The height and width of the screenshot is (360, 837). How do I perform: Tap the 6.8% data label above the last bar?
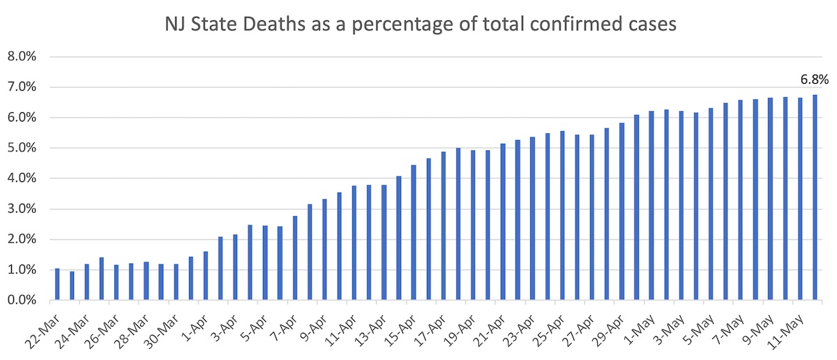[814, 79]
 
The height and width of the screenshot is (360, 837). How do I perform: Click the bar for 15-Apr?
[413, 233]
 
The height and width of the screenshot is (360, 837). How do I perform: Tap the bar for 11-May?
[799, 199]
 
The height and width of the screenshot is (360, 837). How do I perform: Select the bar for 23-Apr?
[532, 218]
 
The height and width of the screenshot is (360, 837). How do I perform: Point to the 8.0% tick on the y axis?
[24, 57]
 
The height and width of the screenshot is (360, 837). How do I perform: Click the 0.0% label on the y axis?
[24, 301]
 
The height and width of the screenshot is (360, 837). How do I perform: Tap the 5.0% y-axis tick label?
[24, 149]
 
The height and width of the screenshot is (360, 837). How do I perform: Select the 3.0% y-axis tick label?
[24, 209]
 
